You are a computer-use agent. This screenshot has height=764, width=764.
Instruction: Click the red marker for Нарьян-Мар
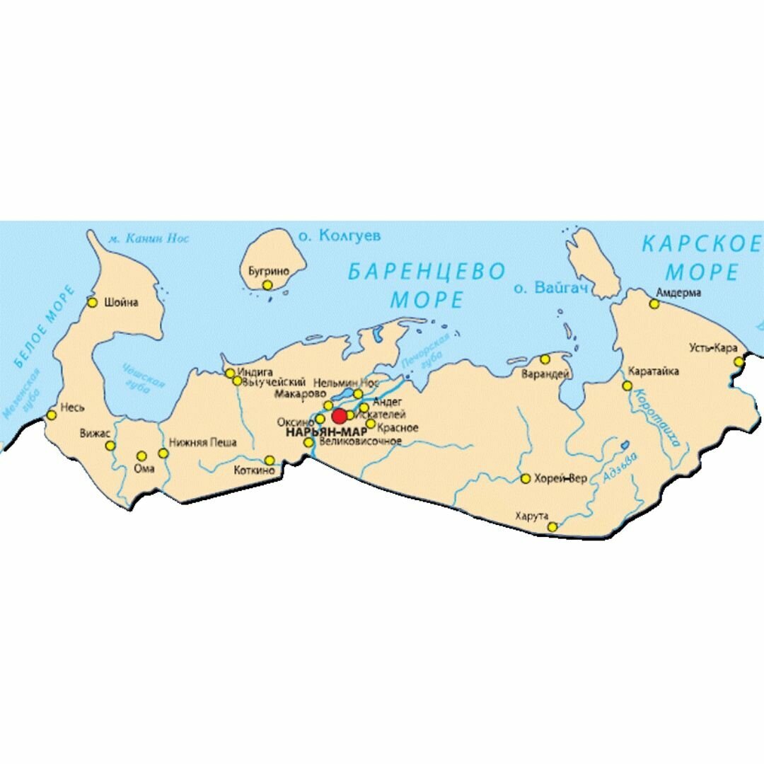point(340,416)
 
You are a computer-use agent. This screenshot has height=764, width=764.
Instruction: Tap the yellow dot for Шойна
point(92,303)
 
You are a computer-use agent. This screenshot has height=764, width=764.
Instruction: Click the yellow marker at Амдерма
point(654,304)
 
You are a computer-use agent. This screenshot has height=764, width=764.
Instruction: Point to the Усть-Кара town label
point(713,348)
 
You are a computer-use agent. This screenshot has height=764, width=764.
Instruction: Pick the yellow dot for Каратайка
point(627,386)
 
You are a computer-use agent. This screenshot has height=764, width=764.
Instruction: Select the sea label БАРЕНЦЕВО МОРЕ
point(427,285)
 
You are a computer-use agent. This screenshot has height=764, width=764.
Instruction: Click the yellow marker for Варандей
point(545,359)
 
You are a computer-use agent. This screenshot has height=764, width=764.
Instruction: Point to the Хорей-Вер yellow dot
point(526,479)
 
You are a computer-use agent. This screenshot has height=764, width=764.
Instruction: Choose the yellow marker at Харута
point(552,526)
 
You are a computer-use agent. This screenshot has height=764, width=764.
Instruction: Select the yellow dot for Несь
point(51,415)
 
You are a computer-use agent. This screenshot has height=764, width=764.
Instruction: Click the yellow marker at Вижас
point(110,446)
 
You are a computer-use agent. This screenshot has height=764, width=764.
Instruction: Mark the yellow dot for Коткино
point(270,461)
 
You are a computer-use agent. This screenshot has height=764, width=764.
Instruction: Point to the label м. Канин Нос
point(149,239)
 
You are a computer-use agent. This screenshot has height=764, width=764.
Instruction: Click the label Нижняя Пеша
point(202,444)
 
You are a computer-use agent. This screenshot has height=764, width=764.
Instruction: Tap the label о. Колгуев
point(339,236)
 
